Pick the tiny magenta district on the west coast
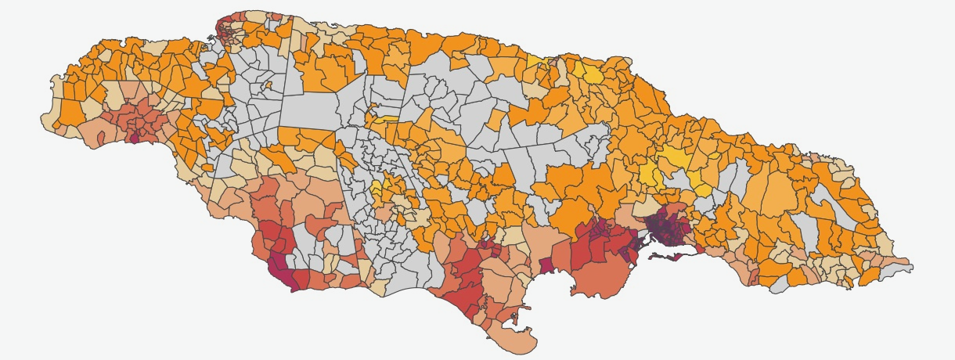(x=133, y=139)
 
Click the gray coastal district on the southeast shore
(x=779, y=286)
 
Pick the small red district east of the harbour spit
(x=701, y=250)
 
